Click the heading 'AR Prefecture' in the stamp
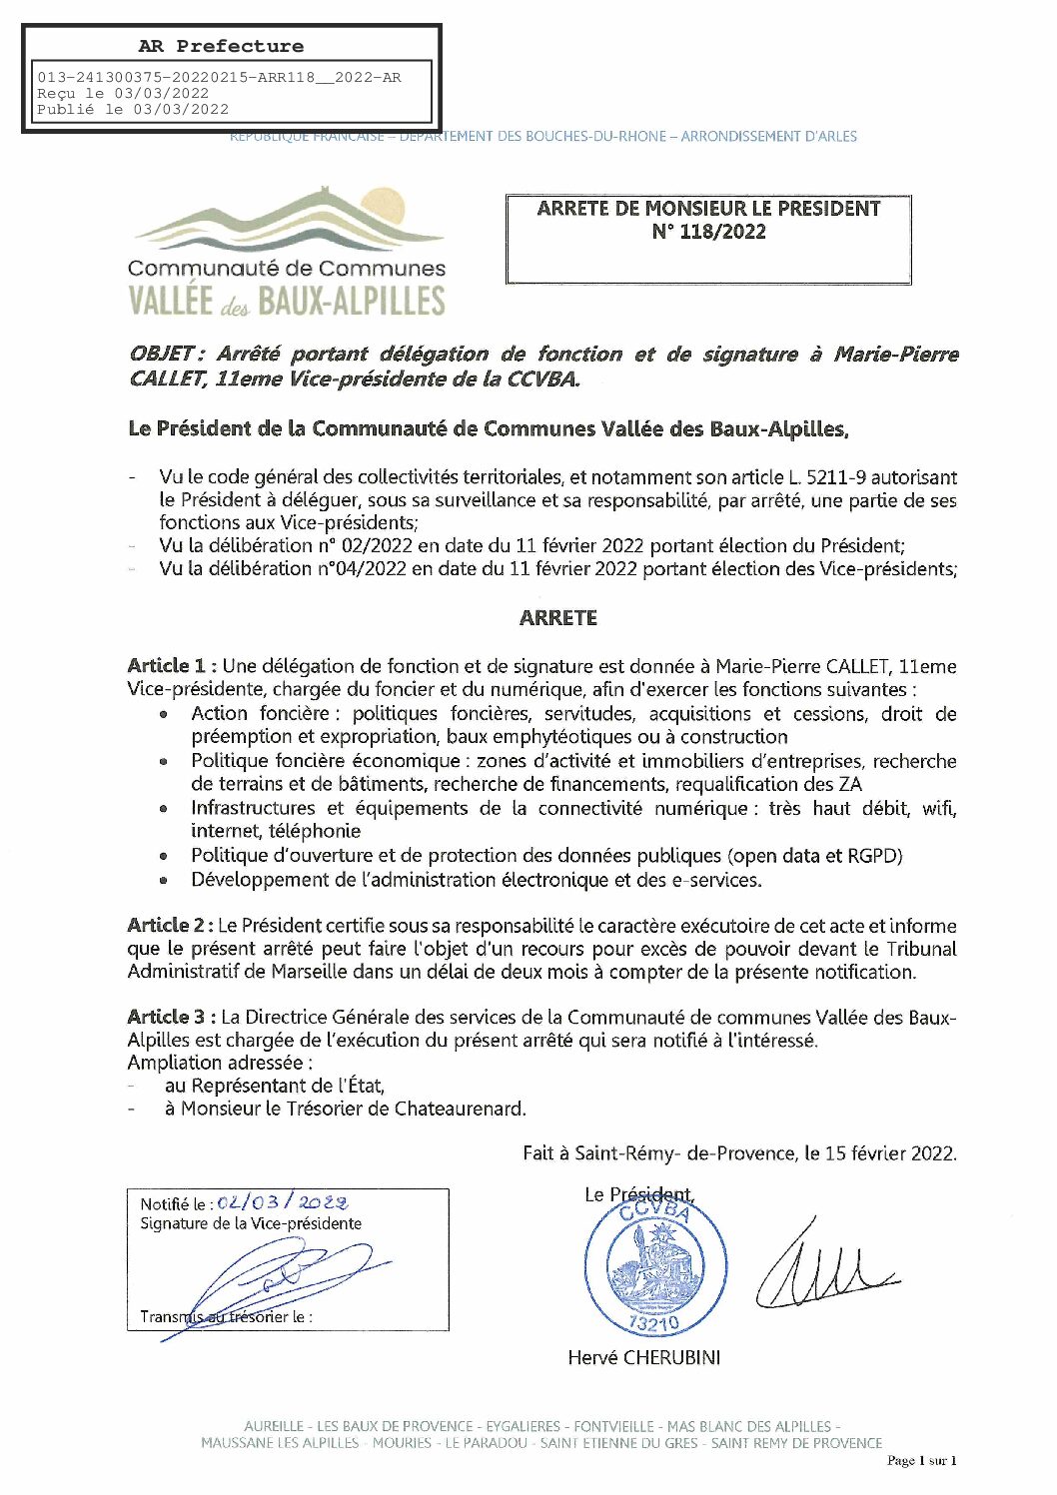pos(221,46)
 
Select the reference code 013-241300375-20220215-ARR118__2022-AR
pos(219,78)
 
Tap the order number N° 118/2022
pos(708,232)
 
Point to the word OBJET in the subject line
pos(163,354)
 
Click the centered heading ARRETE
pos(557,618)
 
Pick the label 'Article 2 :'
pos(170,926)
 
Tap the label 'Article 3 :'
pos(171,1017)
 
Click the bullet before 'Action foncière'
pos(163,715)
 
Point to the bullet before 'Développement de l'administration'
pos(163,881)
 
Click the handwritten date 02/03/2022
pos(283,1202)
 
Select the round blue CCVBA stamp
pos(655,1265)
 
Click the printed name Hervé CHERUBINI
pos(643,1357)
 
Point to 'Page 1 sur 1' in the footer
pos(921,1461)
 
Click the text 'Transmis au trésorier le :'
pos(226,1317)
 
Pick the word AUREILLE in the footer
pos(273,1426)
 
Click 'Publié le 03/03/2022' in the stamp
pos(133,110)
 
